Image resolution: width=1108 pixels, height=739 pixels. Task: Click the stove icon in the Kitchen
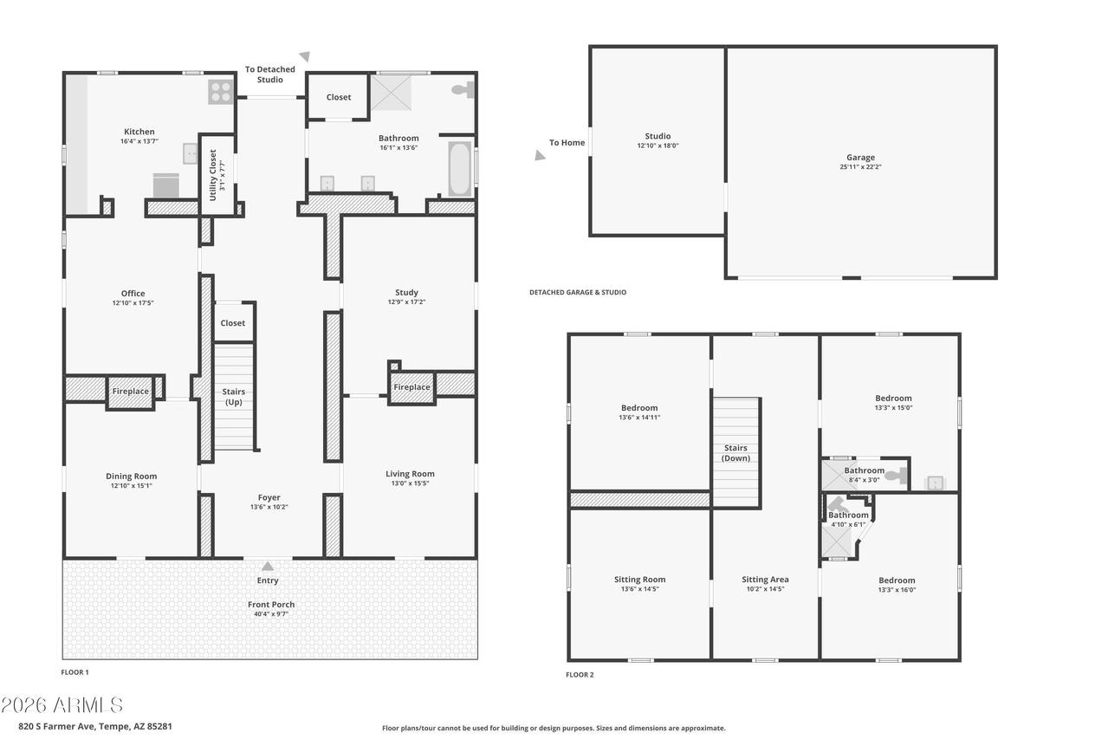(220, 92)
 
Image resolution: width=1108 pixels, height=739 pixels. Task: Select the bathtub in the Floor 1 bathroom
(460, 169)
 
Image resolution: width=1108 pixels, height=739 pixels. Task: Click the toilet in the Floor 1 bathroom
(463, 88)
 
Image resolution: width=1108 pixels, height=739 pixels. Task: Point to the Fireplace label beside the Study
(411, 387)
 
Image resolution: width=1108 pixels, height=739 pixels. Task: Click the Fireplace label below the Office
(131, 392)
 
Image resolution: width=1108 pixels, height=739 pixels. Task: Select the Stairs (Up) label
(234, 397)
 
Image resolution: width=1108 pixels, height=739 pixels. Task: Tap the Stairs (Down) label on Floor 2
(735, 453)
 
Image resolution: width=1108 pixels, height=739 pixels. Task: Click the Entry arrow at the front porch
(268, 566)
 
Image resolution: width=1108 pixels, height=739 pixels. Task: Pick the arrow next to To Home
(540, 157)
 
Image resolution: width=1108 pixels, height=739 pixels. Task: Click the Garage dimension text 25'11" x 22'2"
(860, 167)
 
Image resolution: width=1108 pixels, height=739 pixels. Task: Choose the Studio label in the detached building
(658, 136)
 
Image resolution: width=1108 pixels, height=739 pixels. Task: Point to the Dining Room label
(132, 476)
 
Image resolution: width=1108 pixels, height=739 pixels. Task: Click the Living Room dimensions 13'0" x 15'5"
(410, 483)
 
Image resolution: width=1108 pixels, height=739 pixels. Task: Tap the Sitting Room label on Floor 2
(639, 580)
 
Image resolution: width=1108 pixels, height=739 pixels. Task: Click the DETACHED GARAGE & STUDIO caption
(578, 293)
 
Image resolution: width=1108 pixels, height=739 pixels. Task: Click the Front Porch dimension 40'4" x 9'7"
(270, 614)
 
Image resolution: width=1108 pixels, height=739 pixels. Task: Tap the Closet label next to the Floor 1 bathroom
(339, 97)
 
